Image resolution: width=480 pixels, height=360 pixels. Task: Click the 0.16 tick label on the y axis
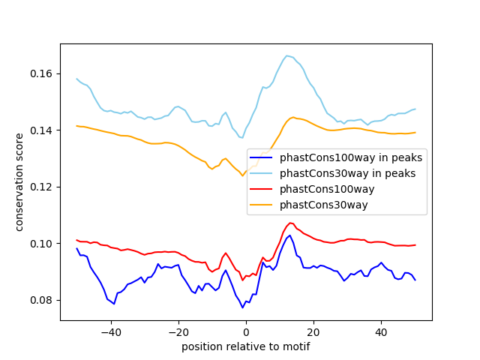[41, 73]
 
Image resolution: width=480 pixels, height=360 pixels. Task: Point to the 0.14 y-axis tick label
[41, 130]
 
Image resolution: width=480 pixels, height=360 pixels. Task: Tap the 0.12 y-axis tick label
[41, 187]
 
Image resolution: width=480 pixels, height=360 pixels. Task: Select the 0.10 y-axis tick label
[41, 244]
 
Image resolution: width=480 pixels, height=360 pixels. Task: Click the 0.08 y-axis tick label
[41, 300]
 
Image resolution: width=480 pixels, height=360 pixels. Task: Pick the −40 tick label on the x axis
[111, 332]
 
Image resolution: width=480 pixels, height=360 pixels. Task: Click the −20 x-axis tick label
[178, 332]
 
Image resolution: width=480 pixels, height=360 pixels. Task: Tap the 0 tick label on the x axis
[246, 332]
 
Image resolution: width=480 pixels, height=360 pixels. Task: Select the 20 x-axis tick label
[313, 332]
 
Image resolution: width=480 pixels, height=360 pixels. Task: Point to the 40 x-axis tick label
[381, 332]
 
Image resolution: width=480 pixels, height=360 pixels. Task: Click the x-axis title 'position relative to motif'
[246, 346]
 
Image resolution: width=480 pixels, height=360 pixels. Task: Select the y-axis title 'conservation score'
[19, 182]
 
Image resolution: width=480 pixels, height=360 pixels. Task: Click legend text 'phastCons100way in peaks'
[351, 157]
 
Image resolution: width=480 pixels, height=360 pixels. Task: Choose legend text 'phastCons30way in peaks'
[347, 173]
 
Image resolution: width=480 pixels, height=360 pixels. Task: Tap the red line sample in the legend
[261, 189]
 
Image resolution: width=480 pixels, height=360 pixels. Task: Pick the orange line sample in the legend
[261, 205]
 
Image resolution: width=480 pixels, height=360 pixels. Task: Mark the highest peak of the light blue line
[286, 55]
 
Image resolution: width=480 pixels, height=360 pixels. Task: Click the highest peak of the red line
[290, 223]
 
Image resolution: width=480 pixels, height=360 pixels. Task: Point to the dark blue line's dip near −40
[114, 304]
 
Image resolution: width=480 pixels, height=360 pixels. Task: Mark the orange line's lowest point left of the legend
[243, 175]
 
